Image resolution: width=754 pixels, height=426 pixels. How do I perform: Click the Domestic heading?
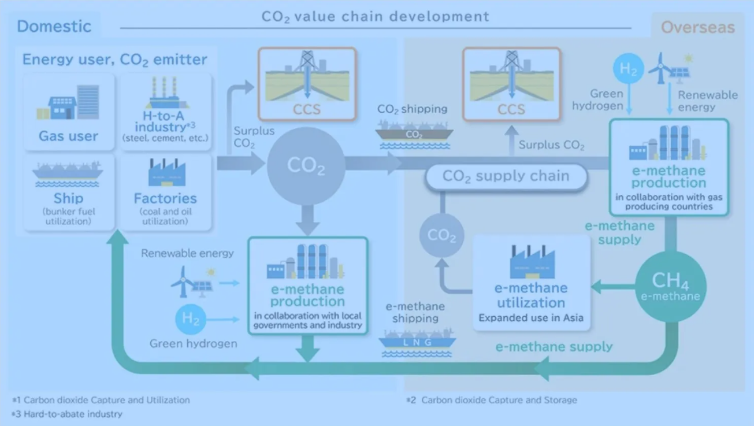click(x=54, y=26)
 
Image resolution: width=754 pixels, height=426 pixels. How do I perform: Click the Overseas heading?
click(x=698, y=27)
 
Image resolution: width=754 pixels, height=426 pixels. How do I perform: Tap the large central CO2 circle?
click(x=306, y=166)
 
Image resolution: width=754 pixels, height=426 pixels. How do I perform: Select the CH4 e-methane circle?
click(x=671, y=287)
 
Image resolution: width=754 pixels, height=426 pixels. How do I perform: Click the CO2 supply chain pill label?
click(x=507, y=176)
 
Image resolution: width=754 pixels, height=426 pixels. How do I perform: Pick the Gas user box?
click(x=69, y=112)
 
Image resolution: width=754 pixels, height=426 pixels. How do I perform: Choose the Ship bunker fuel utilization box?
click(x=69, y=192)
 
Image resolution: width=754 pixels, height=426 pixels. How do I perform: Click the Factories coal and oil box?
click(x=166, y=192)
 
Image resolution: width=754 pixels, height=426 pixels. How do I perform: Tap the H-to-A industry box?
click(x=166, y=112)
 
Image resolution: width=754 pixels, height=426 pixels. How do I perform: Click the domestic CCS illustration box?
click(x=307, y=84)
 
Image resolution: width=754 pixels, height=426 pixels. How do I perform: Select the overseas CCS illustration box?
click(x=512, y=84)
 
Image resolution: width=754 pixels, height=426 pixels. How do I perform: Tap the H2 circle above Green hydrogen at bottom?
click(x=191, y=319)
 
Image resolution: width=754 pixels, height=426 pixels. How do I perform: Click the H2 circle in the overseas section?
click(x=629, y=68)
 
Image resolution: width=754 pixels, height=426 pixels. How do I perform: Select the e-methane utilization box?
click(x=531, y=283)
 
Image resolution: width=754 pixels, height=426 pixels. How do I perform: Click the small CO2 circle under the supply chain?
click(x=441, y=235)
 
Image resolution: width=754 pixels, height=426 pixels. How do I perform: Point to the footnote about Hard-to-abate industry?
click(x=67, y=414)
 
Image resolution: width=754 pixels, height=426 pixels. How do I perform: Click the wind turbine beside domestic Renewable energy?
click(x=183, y=281)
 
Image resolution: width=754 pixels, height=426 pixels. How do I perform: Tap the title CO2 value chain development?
click(x=376, y=17)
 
